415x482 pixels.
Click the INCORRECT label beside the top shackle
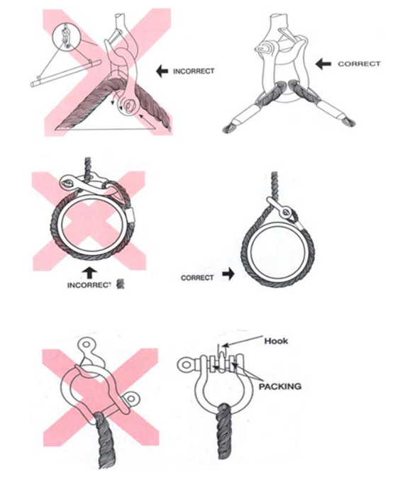click(194, 72)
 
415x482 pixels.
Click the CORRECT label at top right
click(359, 64)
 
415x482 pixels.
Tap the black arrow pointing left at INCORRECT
click(162, 72)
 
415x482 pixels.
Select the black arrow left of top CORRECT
click(323, 64)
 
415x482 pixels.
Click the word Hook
click(276, 341)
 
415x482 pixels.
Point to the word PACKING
click(280, 386)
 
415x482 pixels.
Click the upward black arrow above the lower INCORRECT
click(89, 274)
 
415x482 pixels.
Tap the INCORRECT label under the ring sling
click(89, 285)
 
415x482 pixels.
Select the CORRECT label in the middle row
click(197, 278)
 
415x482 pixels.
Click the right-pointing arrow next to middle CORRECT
click(228, 274)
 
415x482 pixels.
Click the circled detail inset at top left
click(66, 37)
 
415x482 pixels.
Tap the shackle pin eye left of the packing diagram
click(186, 365)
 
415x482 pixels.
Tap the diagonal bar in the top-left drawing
click(66, 73)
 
